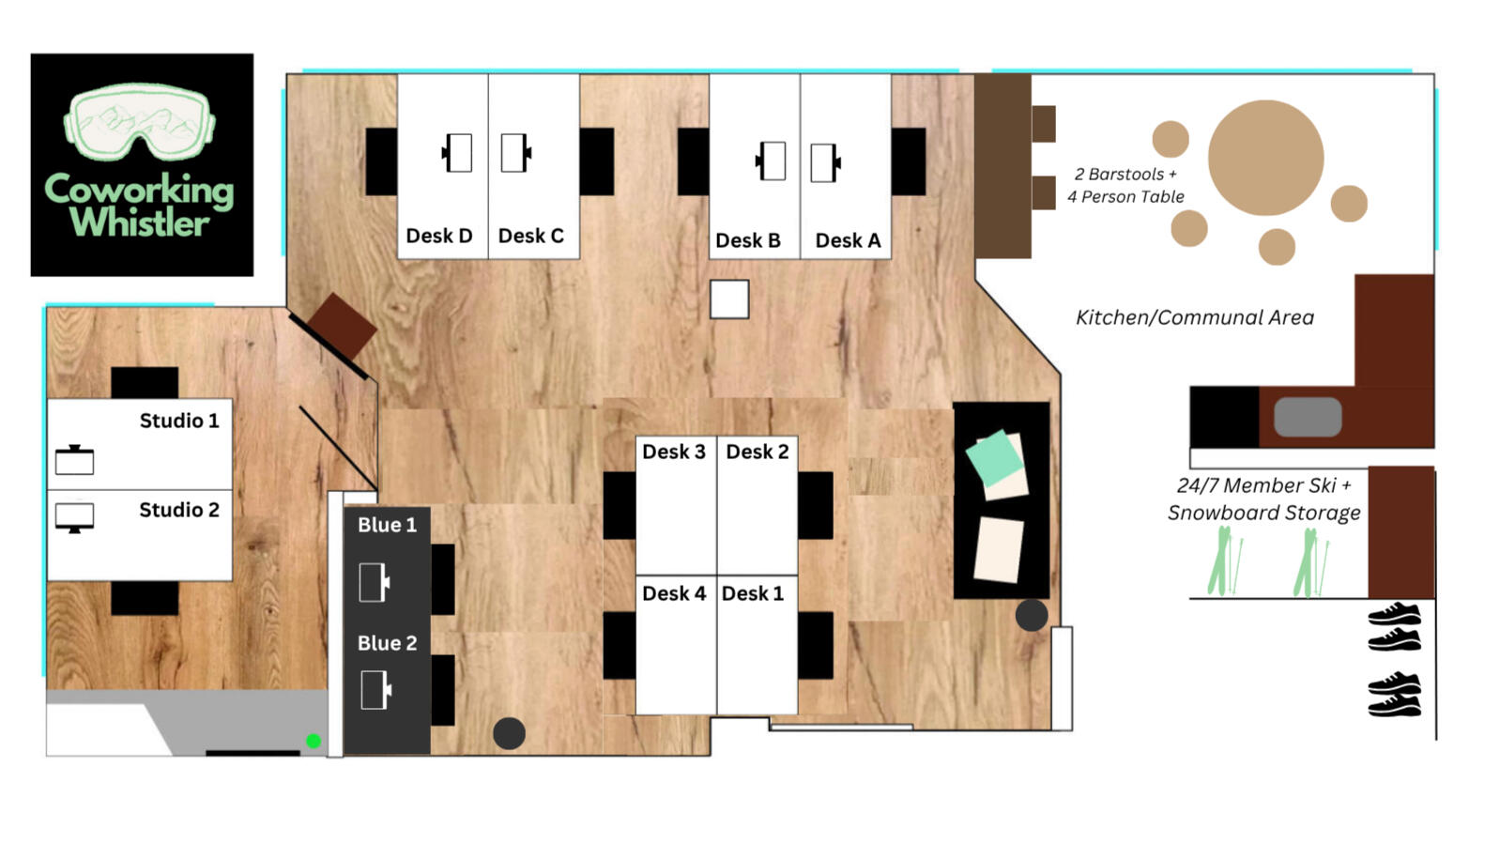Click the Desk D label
point(439,236)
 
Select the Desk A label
point(848,240)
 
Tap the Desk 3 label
point(674,453)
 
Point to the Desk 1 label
point(753,593)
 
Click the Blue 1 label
point(387,525)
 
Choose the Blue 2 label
point(387,643)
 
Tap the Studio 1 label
point(179,421)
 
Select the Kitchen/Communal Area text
point(1195,317)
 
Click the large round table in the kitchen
point(1265,158)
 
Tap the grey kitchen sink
point(1308,417)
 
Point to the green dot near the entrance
point(314,741)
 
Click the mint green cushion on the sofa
point(994,457)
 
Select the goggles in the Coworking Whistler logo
point(139,122)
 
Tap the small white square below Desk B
point(729,299)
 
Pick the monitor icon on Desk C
point(515,153)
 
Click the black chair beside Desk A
point(909,161)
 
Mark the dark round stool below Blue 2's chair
point(509,733)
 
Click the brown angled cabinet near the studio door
point(343,327)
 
